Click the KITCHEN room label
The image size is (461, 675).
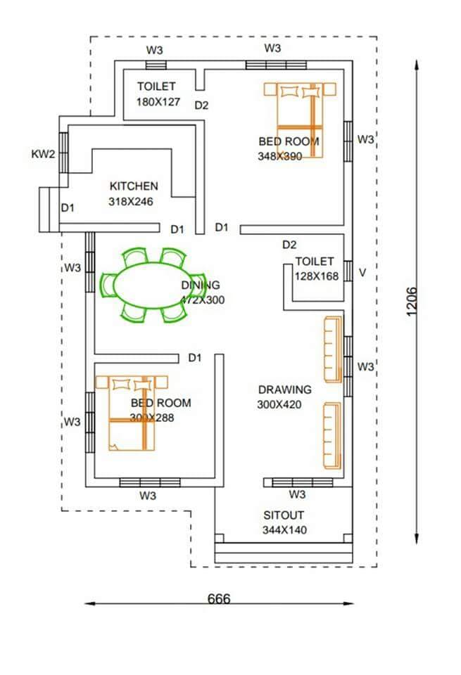click(134, 186)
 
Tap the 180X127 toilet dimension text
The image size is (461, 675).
click(158, 101)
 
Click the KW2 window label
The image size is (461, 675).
click(43, 155)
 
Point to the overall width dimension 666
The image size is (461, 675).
click(219, 599)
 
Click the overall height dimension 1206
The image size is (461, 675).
click(412, 302)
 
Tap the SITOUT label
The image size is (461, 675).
click(284, 515)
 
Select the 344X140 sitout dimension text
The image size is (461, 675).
click(284, 530)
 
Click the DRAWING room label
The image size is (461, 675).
click(284, 390)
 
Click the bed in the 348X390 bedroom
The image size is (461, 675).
click(294, 120)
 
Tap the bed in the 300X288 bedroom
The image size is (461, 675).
click(132, 412)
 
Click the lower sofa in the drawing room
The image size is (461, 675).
click(332, 435)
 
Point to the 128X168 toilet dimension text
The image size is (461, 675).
click(317, 276)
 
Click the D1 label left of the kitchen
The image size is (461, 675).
click(68, 207)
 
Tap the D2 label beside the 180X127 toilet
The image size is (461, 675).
click(202, 105)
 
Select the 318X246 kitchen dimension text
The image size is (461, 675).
click(131, 201)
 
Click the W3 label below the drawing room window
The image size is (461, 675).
click(297, 495)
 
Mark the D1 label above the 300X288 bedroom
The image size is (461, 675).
click(195, 358)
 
